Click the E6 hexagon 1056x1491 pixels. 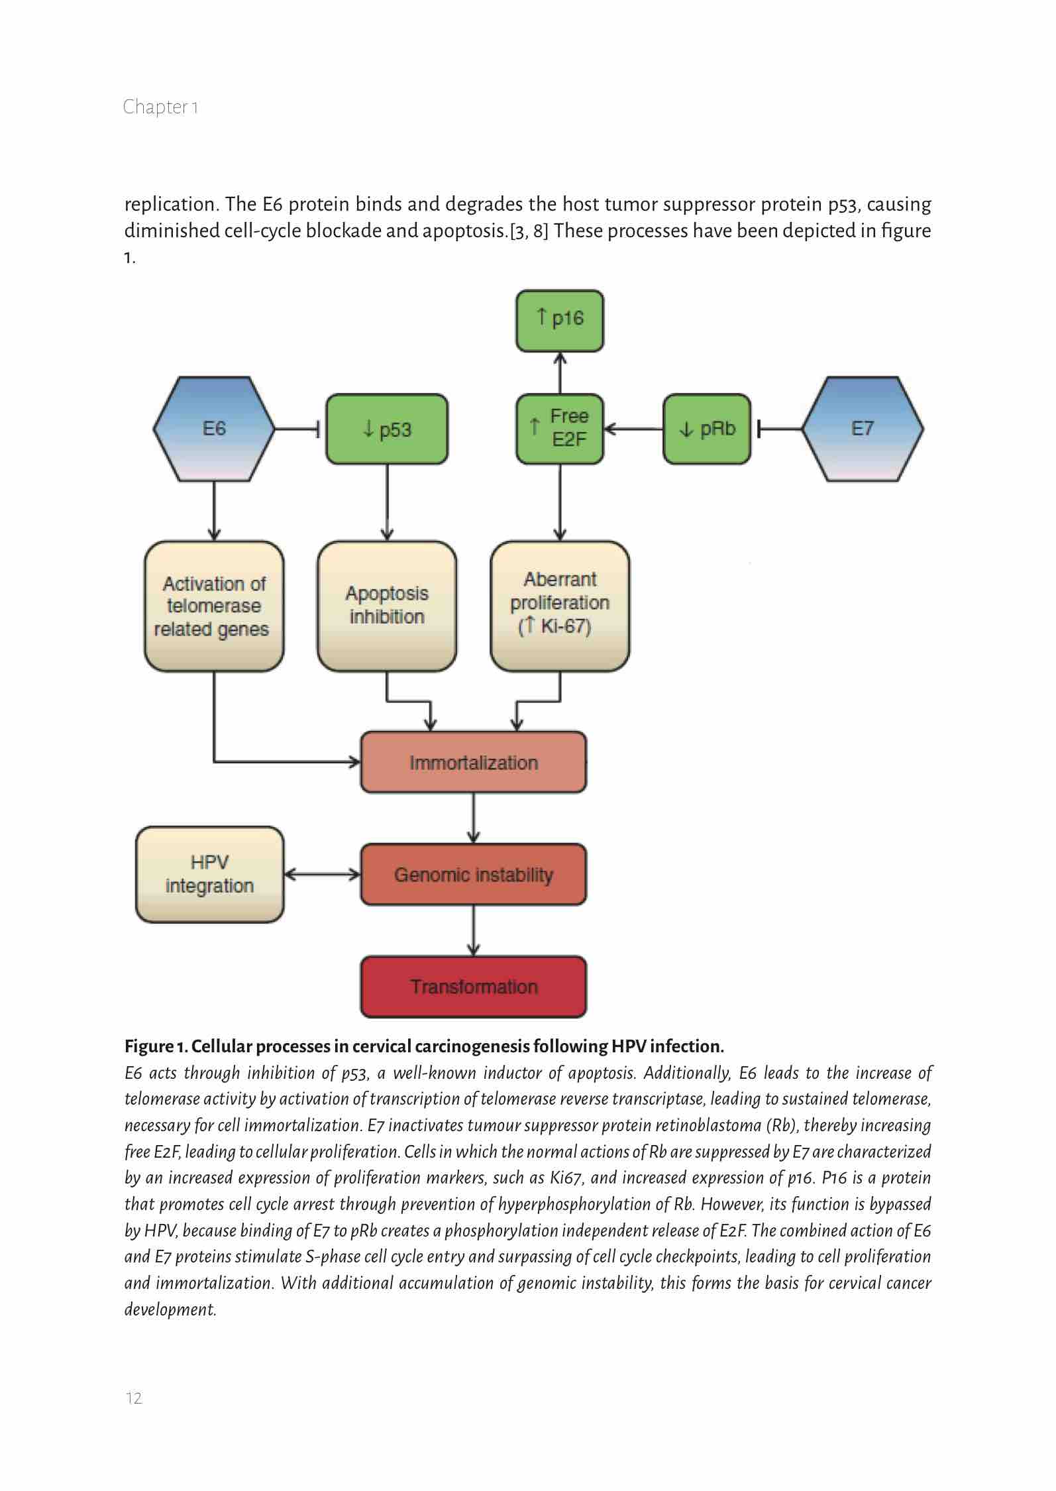point(214,429)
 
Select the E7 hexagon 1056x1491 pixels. point(863,429)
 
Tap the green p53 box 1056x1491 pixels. point(387,429)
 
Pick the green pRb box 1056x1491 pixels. point(707,429)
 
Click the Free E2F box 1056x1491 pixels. point(560,428)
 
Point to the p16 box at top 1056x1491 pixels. point(560,320)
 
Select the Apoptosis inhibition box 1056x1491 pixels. point(387,606)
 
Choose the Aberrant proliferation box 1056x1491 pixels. point(560,606)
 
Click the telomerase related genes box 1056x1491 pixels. point(214,606)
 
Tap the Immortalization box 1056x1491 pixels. point(473,762)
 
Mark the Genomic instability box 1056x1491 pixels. point(473,875)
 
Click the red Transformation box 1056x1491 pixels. point(473,987)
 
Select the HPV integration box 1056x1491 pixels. point(210,875)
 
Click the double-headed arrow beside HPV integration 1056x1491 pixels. point(322,875)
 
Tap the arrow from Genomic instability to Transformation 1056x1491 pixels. point(473,930)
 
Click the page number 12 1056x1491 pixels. point(134,1398)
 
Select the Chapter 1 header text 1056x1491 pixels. point(160,107)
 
